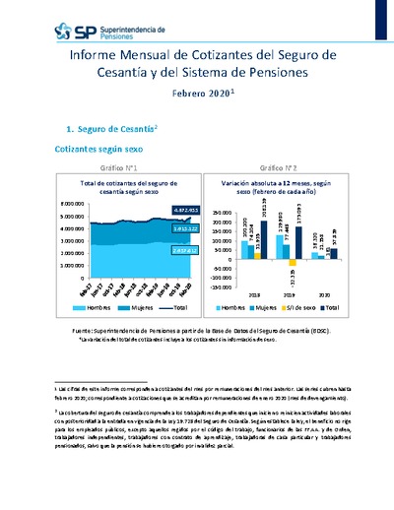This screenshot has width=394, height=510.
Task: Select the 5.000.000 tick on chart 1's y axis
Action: click(69, 203)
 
